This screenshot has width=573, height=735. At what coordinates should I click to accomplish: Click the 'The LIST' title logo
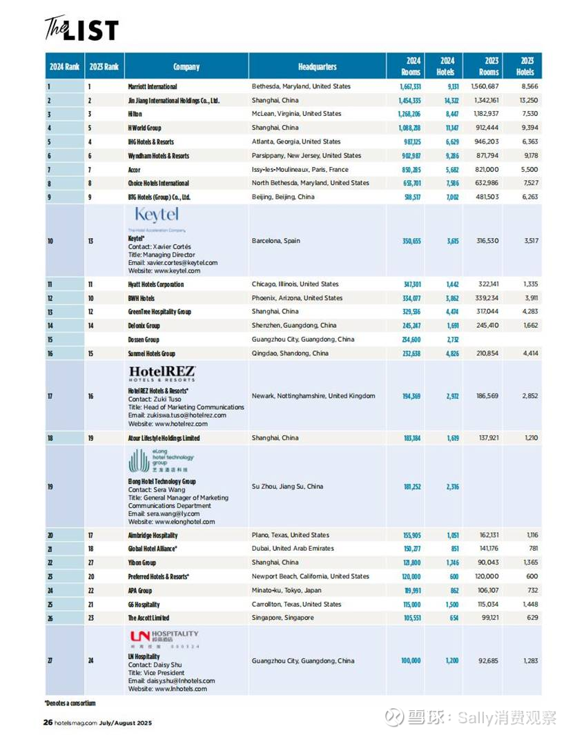[x=81, y=28]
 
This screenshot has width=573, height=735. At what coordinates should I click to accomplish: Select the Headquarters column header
[x=318, y=67]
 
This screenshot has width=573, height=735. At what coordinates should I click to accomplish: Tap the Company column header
[x=186, y=67]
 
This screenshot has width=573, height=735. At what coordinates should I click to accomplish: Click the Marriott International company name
[x=153, y=87]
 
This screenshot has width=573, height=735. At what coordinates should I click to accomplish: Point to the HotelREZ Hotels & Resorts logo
[x=162, y=374]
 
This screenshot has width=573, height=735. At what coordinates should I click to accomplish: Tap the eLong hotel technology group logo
[x=162, y=460]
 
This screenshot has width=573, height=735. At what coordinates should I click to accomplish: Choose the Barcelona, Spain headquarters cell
[x=276, y=241]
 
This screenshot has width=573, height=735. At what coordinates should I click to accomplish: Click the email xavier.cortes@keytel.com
[x=173, y=263]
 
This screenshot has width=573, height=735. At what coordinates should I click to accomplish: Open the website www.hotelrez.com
[x=171, y=424]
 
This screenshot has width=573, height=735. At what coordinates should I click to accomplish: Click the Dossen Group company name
[x=144, y=340]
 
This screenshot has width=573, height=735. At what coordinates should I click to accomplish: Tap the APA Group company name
[x=140, y=591]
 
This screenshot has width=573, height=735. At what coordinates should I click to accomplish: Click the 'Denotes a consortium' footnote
[x=70, y=703]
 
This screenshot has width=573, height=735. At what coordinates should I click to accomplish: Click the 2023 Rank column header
[x=104, y=67]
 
